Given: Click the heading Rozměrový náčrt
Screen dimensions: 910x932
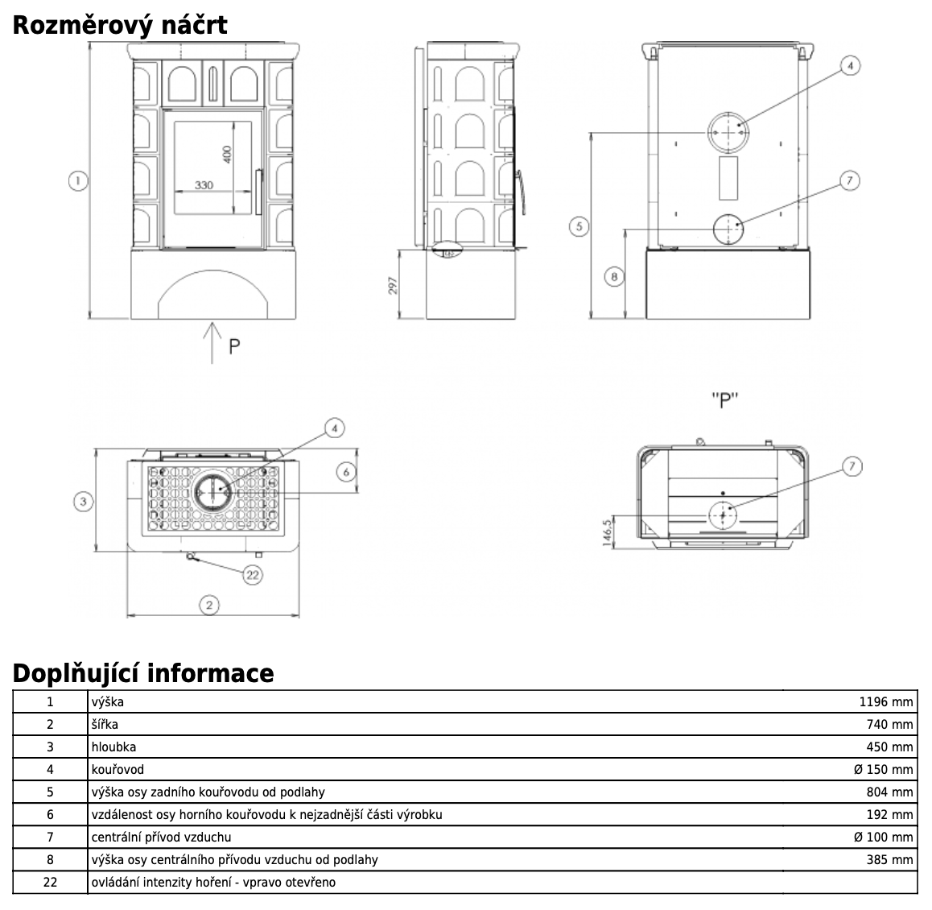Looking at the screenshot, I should [x=120, y=25].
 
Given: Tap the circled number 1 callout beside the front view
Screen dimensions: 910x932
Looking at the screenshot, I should [x=77, y=181].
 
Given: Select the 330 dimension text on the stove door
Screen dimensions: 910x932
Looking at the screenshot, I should [x=204, y=185].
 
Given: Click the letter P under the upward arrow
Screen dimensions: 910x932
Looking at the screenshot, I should [x=234, y=346].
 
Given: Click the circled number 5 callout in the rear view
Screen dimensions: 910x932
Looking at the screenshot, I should [x=579, y=226].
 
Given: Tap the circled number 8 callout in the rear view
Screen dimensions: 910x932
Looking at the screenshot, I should [x=614, y=276].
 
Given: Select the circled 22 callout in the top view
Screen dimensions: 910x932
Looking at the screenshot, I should [x=253, y=574].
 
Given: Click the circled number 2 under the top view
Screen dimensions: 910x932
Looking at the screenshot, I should [x=209, y=604].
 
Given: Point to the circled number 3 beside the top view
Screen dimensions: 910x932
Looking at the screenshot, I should [x=83, y=501].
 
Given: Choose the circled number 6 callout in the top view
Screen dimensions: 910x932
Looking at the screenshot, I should [x=346, y=471].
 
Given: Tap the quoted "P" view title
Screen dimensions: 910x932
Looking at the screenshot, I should [x=725, y=400].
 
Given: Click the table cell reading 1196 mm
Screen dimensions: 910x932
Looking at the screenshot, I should [x=886, y=701].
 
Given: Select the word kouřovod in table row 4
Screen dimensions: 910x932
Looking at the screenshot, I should [x=118, y=769].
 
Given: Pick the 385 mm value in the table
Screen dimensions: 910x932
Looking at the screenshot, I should [x=889, y=859].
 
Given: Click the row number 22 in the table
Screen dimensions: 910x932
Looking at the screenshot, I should [x=50, y=882].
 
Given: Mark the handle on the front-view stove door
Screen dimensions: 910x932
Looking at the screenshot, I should [x=258, y=191].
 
